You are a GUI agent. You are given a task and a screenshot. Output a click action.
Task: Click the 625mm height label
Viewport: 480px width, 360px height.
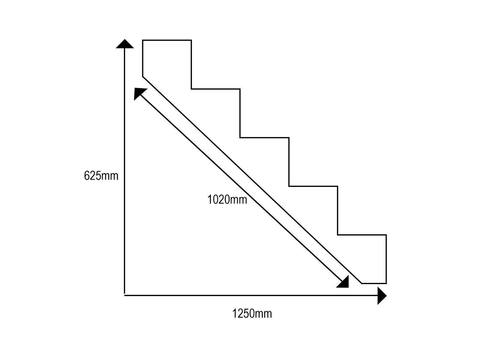point(101,176)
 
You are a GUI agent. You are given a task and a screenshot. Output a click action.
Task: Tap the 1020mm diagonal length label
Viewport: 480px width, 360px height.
point(227,199)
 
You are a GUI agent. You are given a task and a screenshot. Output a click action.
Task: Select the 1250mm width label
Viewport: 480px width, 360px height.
point(252,314)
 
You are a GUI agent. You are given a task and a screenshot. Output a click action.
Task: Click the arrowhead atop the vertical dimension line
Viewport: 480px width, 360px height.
point(124,44)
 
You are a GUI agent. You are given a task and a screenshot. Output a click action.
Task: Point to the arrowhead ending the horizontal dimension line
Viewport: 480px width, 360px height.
point(382,296)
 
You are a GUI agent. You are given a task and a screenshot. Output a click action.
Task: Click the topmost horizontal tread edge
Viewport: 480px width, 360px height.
point(167,40)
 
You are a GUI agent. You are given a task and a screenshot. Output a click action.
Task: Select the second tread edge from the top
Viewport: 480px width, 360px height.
point(216,89)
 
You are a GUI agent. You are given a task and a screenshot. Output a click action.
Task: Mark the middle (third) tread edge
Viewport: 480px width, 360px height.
point(264,138)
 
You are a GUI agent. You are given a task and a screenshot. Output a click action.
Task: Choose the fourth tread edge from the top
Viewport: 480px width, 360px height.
point(313,186)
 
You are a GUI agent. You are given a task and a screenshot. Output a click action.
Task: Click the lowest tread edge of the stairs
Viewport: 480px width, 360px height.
point(362,235)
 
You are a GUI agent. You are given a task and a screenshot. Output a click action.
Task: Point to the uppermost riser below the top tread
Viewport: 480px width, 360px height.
point(191,64)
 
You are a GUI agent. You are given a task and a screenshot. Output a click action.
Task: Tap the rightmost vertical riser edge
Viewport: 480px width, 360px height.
point(386,259)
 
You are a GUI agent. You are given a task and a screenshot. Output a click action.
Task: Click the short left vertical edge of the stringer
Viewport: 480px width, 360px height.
point(143,58)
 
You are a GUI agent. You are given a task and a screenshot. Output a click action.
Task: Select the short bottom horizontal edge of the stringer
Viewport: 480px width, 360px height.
point(374,283)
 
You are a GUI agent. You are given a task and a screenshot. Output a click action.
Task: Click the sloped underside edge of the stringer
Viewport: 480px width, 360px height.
point(252,180)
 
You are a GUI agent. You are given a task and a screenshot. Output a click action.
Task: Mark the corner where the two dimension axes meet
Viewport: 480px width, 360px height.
point(124,295)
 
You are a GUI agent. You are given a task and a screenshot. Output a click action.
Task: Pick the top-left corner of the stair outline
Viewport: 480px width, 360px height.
point(143,40)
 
